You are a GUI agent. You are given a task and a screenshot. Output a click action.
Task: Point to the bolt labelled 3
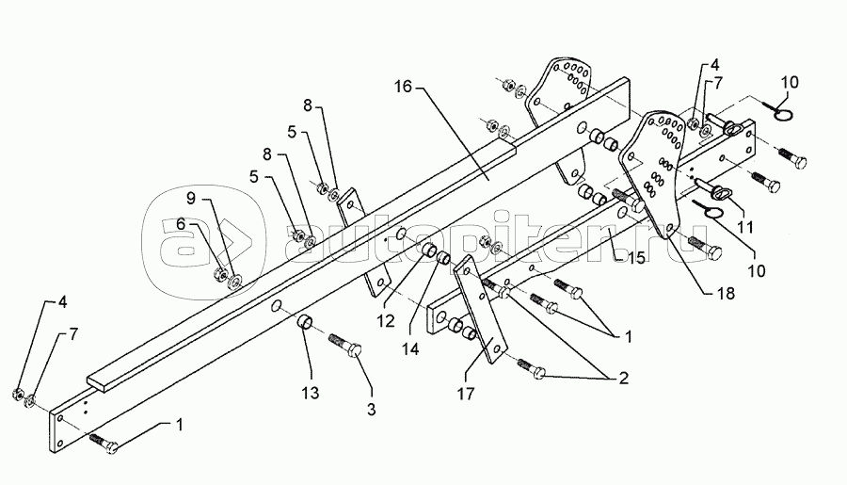349,349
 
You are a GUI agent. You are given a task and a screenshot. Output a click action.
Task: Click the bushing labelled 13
306,325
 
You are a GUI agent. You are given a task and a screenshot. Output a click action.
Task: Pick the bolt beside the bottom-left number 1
103,440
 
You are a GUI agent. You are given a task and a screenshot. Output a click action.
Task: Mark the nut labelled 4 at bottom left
18,391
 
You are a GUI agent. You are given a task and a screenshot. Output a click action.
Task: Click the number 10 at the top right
789,83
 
